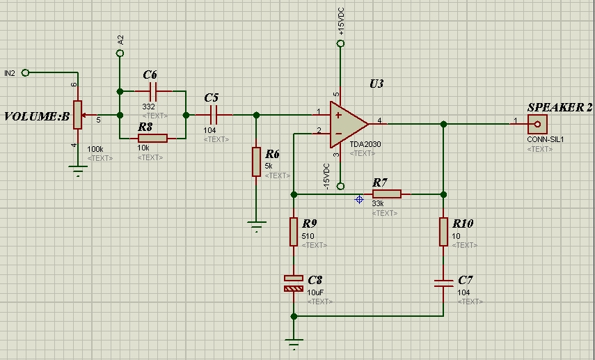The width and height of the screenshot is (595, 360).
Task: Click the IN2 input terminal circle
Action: coord(26,72)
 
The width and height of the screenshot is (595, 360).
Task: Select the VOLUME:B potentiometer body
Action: coord(77,115)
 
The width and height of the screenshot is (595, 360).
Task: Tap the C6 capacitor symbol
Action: coord(153,91)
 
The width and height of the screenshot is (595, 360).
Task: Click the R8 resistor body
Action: coord(152,139)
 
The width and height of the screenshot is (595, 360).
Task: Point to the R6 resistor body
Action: coord(257,162)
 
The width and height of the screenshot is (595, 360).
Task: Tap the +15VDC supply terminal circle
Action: coord(340,44)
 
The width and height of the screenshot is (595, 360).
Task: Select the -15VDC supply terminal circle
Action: coord(340,186)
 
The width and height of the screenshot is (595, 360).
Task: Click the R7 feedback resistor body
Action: coord(387,194)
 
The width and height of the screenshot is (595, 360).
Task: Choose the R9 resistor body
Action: coord(294,232)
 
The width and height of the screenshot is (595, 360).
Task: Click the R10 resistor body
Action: coord(443,232)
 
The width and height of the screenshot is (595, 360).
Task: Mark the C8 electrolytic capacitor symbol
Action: coord(294,283)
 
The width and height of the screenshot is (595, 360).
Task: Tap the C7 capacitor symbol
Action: coord(443,283)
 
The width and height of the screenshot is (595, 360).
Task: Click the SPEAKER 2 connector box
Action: coord(537,124)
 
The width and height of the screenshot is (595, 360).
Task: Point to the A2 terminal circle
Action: coord(120,54)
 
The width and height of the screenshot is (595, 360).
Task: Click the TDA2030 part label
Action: coord(365,144)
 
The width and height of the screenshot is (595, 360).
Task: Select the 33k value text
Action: coord(378,203)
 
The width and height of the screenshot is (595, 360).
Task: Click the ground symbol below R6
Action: coord(257,226)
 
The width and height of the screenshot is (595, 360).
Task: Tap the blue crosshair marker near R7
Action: coord(359,199)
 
